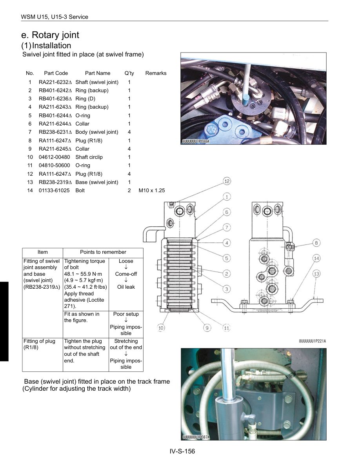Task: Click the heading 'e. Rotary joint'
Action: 51,35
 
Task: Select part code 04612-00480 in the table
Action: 54,157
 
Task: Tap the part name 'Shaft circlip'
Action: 89,157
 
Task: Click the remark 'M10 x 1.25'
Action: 152,190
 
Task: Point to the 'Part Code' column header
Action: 56,73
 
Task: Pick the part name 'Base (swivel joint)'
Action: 96,182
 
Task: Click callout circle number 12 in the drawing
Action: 227,181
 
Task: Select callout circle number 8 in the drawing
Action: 317,243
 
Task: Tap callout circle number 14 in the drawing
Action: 317,258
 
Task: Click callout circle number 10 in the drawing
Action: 161,328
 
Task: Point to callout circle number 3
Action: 227,289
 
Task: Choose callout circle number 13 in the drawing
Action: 317,273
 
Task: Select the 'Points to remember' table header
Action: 103,252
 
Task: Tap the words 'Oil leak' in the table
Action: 126,287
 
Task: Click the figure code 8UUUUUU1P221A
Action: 313,341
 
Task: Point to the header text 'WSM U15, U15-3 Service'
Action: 55,17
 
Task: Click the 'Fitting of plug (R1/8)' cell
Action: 39,344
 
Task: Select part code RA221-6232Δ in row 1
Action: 55,82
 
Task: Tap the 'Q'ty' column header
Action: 129,73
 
